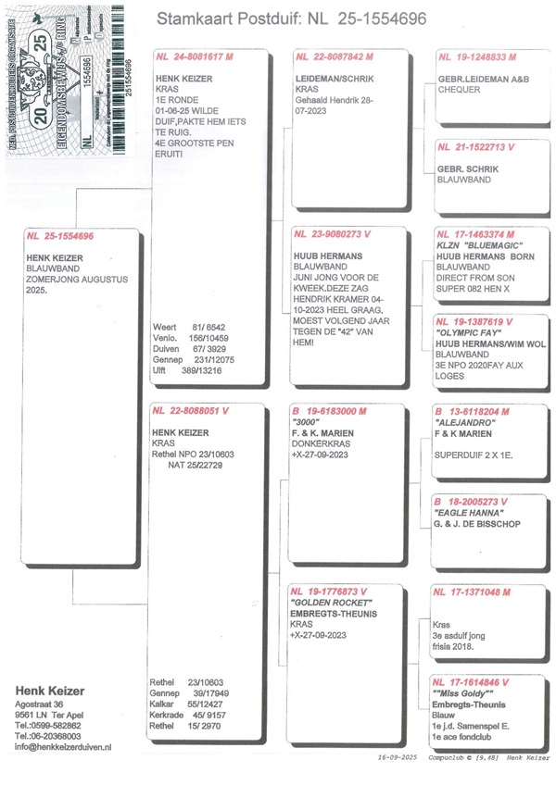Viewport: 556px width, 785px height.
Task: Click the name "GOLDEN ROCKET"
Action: coord(330,602)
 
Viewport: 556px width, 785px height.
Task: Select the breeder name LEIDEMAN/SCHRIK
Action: coord(332,80)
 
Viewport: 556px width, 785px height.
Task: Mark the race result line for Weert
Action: coord(188,327)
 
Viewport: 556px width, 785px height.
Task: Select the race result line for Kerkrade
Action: coord(189,716)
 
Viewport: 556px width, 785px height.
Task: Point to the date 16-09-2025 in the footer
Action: coord(398,757)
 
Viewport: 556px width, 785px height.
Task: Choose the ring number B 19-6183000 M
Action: coord(331,410)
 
